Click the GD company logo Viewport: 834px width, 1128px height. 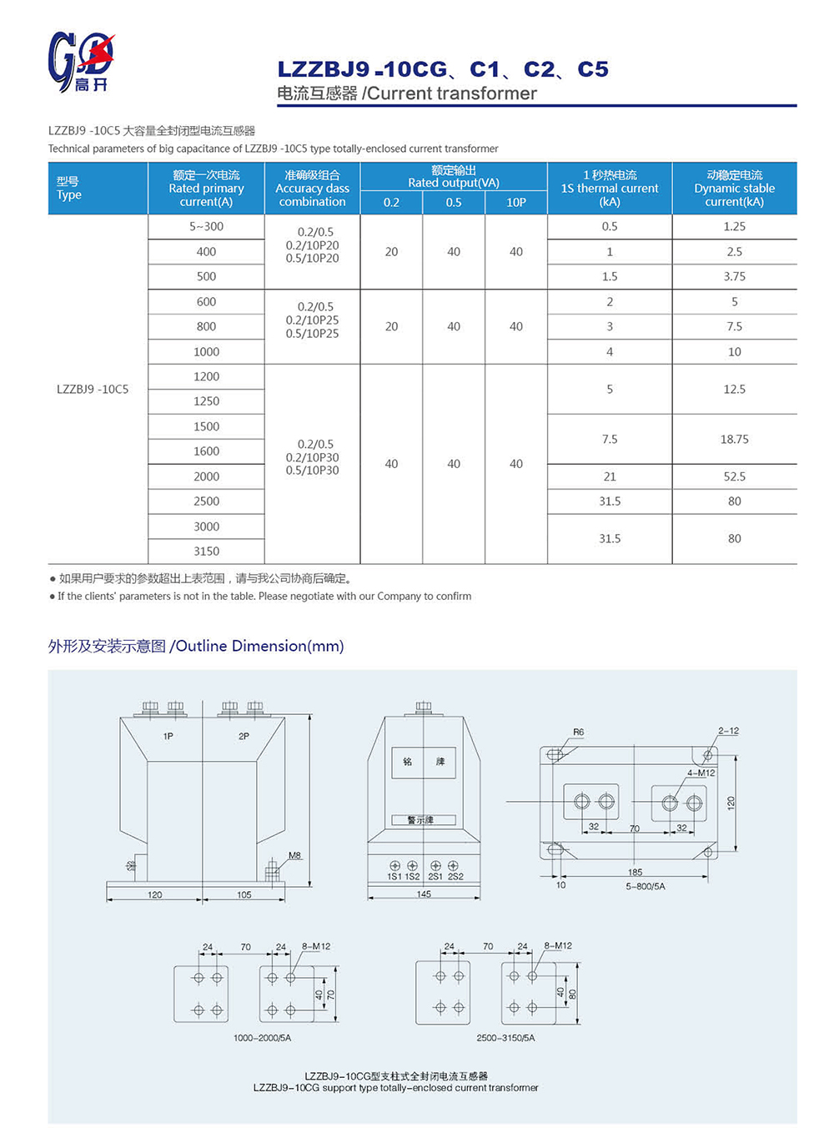point(80,61)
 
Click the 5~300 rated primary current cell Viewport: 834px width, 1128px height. point(206,226)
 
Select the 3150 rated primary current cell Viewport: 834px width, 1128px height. point(206,551)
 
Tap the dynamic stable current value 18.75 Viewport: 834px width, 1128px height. point(734,439)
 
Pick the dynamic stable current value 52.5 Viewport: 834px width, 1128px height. point(734,476)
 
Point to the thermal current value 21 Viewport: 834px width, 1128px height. point(610,476)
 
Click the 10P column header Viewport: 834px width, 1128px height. point(516,202)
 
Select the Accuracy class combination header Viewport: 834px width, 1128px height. point(312,189)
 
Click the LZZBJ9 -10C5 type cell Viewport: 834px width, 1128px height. point(93,389)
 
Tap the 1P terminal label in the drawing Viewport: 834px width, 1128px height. point(168,736)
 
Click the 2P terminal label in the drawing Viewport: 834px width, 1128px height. point(244,736)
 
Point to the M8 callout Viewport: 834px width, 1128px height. point(294,855)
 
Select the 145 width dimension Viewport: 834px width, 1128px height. point(424,894)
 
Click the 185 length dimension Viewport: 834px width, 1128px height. point(635,872)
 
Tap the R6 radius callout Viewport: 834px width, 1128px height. point(579,732)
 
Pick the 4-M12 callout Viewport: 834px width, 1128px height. point(701,773)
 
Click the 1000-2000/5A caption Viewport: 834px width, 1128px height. point(262,1038)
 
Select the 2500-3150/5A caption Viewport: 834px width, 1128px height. point(505,1038)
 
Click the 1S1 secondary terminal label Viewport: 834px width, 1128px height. point(394,877)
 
